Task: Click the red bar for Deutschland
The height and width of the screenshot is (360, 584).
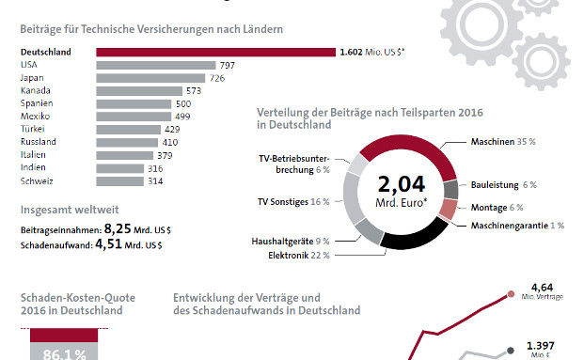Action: tap(214, 52)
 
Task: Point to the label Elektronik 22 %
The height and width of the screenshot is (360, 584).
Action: tap(297, 254)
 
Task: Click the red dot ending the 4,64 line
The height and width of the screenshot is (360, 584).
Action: tap(510, 293)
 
